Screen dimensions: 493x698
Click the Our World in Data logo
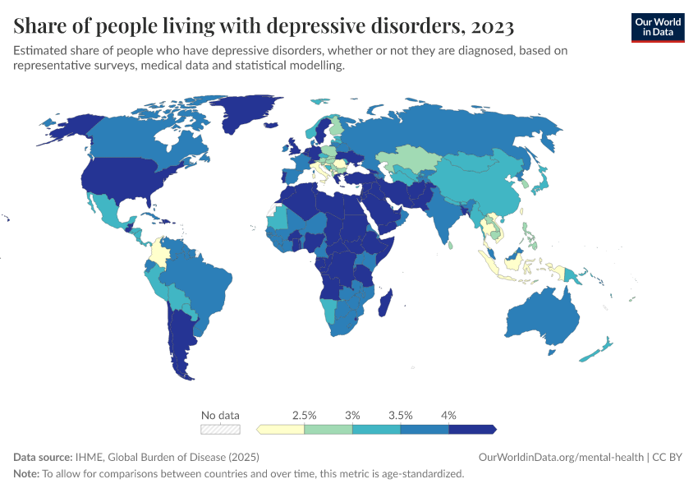point(657,27)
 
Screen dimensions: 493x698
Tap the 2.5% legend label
point(305,415)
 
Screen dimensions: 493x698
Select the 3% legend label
point(352,415)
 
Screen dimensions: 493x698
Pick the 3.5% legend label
point(400,415)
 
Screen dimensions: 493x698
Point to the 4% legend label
point(448,415)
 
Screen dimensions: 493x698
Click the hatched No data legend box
point(221,429)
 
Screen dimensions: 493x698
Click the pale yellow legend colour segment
point(282,429)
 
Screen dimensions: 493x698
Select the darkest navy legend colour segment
point(471,429)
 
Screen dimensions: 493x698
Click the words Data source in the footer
point(43,457)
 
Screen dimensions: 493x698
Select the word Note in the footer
point(25,474)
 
